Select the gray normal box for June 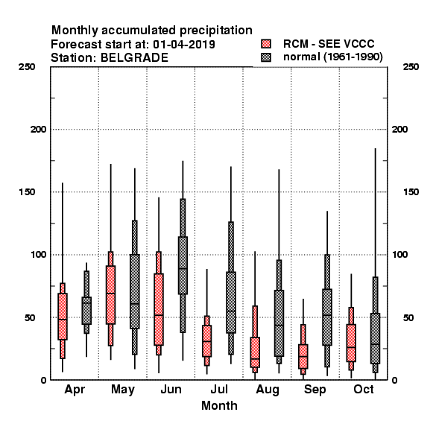[183, 265]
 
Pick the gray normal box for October [376, 338]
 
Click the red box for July [206, 341]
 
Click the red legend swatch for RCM [266, 44]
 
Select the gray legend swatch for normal [266, 57]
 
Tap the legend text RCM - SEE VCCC [329, 44]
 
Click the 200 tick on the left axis [38, 130]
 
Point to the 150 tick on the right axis [411, 192]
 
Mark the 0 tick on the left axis [43, 380]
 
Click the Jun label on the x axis [171, 390]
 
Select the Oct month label [363, 390]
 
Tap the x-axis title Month [219, 406]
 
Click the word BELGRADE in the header [134, 58]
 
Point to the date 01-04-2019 [184, 45]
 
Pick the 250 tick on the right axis [411, 67]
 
